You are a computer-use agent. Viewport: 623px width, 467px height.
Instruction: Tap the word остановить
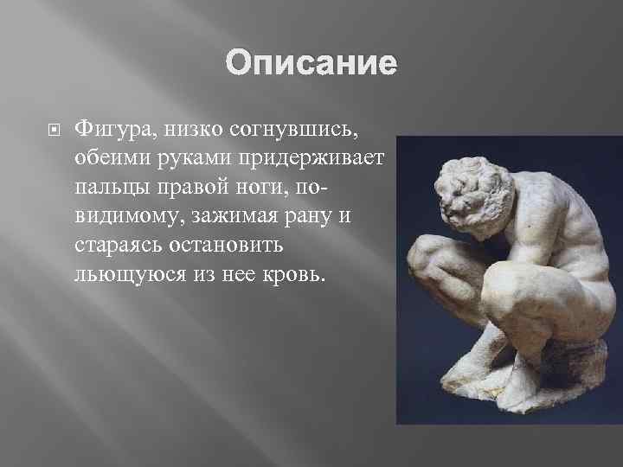coord(228,245)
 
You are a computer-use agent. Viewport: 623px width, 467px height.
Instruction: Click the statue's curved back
coord(554,208)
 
